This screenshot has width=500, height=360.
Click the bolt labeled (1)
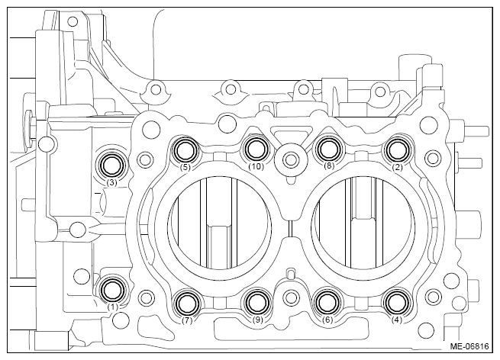112,290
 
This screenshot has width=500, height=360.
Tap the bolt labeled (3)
112,165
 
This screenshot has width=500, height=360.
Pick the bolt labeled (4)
397,302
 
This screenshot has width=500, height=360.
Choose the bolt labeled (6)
327,302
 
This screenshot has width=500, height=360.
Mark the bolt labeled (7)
188,303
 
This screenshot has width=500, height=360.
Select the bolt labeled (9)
257,303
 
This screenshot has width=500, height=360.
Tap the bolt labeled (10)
256,149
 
